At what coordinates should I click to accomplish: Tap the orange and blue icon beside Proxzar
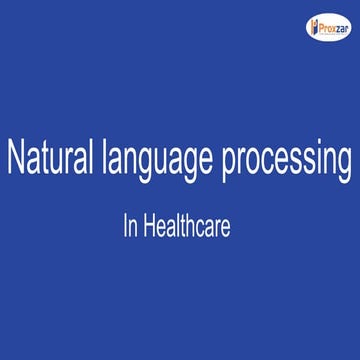[308, 26]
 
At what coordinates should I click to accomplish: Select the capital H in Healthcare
[149, 227]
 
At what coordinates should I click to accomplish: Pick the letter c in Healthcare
[203, 229]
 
